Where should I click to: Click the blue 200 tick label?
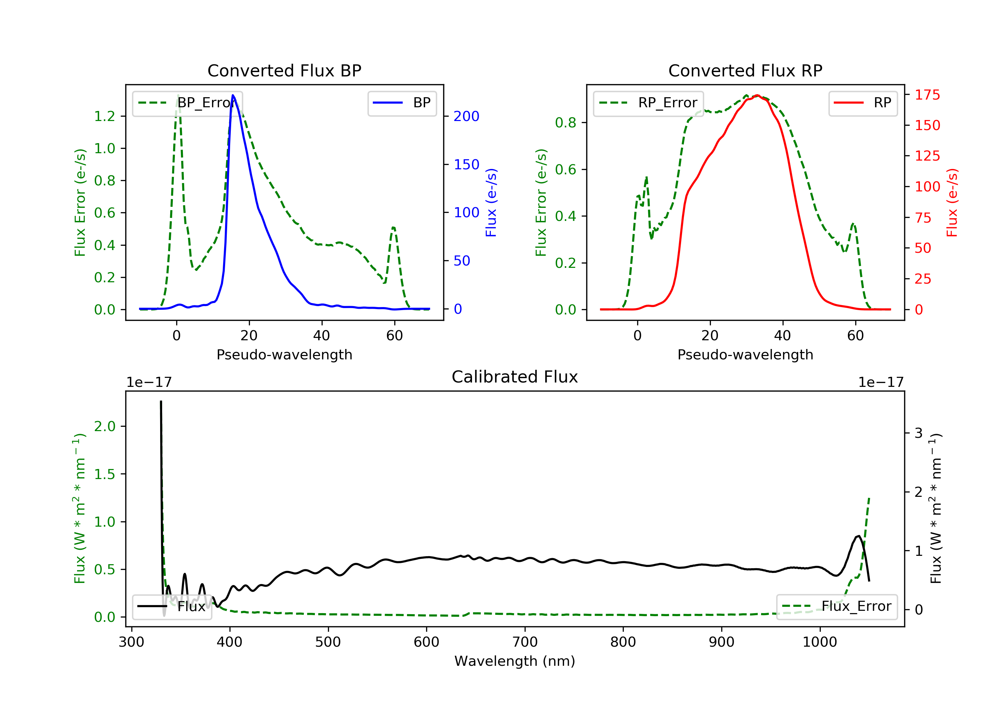466,117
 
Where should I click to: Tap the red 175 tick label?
927,95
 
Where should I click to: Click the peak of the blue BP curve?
233,96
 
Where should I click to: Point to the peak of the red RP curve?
757,96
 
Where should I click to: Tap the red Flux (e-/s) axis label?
952,203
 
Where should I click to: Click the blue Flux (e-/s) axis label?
491,203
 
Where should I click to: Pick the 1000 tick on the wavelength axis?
819,642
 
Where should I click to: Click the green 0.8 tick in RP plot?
565,123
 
